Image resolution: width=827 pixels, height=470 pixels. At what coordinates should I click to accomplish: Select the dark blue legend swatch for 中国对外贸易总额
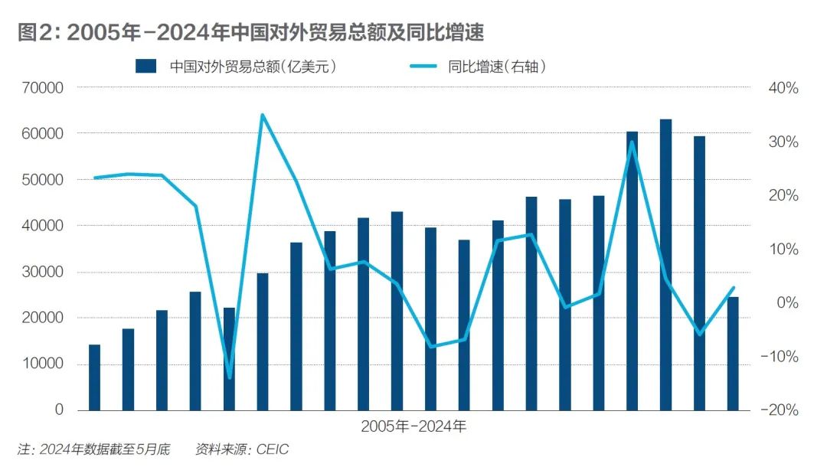click(x=145, y=66)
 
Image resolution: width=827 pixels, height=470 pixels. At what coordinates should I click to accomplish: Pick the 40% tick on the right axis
click(x=782, y=88)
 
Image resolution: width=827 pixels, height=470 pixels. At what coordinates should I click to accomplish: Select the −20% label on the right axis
click(x=779, y=410)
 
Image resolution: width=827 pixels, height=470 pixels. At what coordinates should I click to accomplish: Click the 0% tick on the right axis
click(x=785, y=302)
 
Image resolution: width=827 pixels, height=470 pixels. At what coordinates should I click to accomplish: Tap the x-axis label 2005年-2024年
click(x=413, y=427)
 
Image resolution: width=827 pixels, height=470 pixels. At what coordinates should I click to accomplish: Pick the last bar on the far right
click(x=733, y=353)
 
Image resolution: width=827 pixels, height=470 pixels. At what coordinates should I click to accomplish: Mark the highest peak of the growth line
click(x=262, y=115)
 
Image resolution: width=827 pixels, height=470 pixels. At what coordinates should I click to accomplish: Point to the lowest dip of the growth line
click(x=229, y=377)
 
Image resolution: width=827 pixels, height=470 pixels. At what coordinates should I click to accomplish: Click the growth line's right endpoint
click(x=733, y=288)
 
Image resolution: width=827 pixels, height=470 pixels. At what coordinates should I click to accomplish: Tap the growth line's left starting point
click(x=94, y=178)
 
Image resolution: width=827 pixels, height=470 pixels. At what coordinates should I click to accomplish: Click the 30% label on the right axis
click(x=782, y=142)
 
